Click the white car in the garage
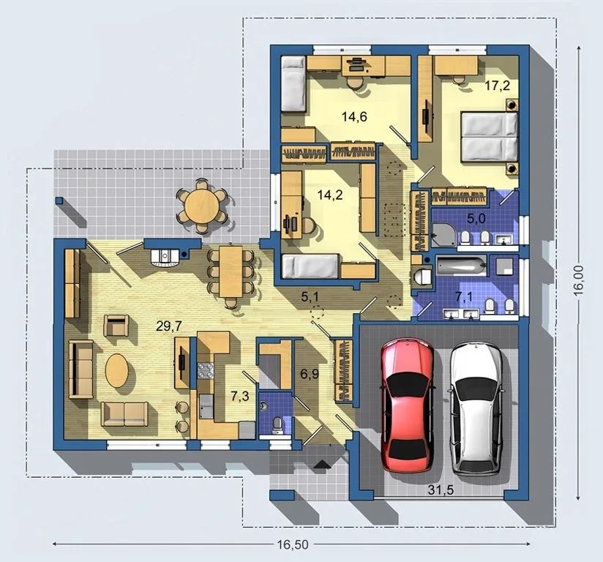click(476, 408)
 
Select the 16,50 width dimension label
click(293, 544)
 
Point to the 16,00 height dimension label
click(578, 280)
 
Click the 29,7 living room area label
click(169, 326)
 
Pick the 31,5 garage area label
click(441, 490)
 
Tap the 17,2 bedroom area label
click(497, 86)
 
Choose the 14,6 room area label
click(354, 116)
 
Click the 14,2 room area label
click(330, 195)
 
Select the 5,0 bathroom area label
click(476, 219)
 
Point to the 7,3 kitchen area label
click(240, 396)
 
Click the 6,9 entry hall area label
click(310, 373)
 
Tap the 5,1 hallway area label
click(310, 296)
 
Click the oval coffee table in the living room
click(117, 371)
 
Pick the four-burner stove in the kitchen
click(206, 371)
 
